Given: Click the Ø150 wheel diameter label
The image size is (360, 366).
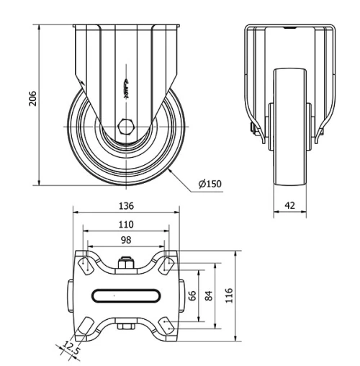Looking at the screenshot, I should click(210, 184).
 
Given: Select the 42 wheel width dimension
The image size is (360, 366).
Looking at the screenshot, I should click(290, 205).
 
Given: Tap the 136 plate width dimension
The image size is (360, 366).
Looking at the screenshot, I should click(126, 205).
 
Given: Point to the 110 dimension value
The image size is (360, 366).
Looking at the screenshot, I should click(126, 224).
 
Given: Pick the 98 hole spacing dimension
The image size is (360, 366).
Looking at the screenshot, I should click(126, 240).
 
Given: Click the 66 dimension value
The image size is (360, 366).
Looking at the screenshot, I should click(193, 295).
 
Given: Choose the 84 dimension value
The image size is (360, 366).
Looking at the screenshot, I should click(209, 295).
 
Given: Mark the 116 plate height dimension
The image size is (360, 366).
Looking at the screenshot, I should click(230, 295).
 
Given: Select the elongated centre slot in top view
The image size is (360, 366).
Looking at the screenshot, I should click(126, 294).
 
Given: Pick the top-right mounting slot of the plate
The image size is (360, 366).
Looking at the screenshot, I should click(167, 264).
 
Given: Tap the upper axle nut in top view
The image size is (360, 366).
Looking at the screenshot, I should click(126, 262).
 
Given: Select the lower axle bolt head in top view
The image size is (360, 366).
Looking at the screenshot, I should click(126, 328).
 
